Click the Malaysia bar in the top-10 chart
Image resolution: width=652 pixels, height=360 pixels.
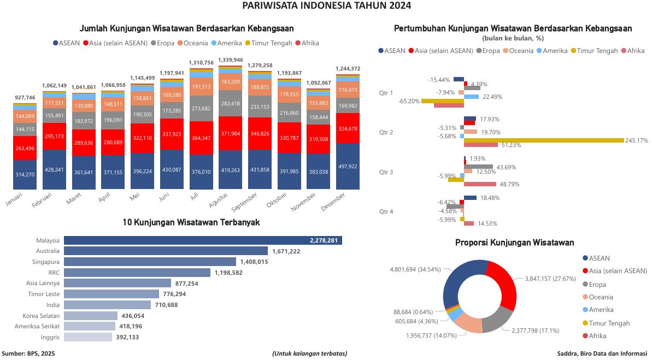pyautogui.click(x=202, y=240)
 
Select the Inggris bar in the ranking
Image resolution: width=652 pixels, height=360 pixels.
pyautogui.click(x=89, y=337)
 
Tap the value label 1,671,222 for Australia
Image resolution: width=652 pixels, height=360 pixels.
pyautogui.click(x=286, y=251)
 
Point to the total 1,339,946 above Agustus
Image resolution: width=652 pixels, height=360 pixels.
pyautogui.click(x=230, y=60)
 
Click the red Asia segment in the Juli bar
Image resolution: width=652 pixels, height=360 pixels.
pyautogui.click(x=201, y=138)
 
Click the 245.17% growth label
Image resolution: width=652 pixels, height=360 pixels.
pyautogui.click(x=637, y=140)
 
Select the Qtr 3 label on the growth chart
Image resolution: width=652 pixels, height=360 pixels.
pyautogui.click(x=386, y=172)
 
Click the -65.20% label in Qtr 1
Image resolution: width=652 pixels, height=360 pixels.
pyautogui.click(x=409, y=101)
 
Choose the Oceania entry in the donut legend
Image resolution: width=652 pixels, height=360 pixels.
pyautogui.click(x=601, y=297)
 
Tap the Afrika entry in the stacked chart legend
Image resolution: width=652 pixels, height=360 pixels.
pyautogui.click(x=309, y=43)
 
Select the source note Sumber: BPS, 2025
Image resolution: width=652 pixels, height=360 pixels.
pyautogui.click(x=28, y=353)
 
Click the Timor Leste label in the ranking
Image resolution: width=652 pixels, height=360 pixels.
pyautogui.click(x=46, y=294)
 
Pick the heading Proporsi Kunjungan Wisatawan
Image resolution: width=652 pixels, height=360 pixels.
pyautogui.click(x=514, y=243)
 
